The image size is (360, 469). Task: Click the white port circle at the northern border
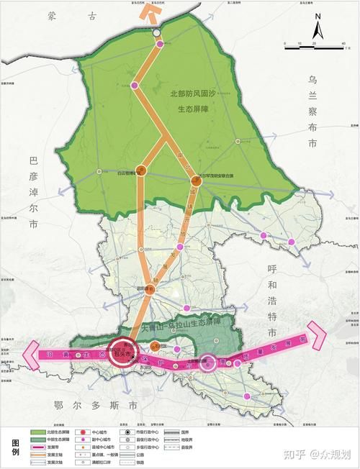(x=157, y=33)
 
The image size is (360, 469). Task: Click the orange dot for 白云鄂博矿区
(x=141, y=171)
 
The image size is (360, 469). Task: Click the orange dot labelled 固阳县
(x=150, y=289)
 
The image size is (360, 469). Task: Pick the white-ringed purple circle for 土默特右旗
(x=208, y=363)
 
